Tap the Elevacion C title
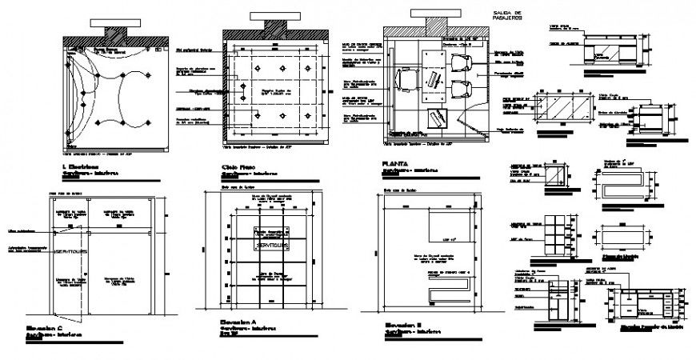click(42, 328)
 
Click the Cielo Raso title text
click(239, 166)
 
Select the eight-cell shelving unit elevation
click(555, 233)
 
